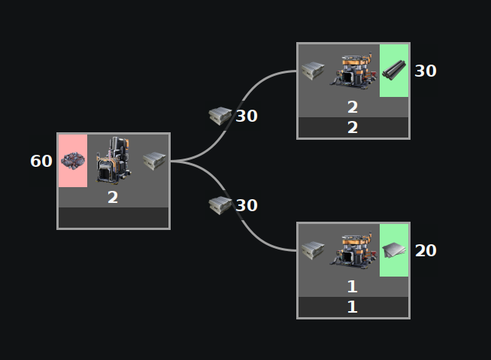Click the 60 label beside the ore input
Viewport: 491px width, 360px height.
(41, 161)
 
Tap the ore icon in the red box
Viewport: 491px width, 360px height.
(73, 161)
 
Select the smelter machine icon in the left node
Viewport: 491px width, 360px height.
(113, 160)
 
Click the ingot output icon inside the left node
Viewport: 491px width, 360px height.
(154, 160)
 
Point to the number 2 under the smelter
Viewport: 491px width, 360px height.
(113, 198)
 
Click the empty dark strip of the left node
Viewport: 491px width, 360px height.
(114, 218)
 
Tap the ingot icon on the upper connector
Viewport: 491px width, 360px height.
(220, 116)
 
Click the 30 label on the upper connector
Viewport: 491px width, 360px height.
(247, 116)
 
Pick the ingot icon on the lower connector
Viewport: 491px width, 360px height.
(220, 205)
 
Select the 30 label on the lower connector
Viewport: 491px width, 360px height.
(247, 206)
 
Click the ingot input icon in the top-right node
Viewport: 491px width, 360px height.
(312, 71)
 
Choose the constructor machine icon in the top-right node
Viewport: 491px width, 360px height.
(353, 71)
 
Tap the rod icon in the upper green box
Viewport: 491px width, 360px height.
(395, 71)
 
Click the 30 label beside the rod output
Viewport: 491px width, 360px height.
(426, 71)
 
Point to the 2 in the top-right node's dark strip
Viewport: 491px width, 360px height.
(353, 128)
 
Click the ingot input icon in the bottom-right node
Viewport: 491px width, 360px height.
(312, 250)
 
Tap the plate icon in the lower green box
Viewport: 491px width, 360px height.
(395, 250)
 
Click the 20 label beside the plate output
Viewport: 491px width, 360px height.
(426, 251)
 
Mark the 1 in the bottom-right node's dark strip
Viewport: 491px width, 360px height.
(353, 307)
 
